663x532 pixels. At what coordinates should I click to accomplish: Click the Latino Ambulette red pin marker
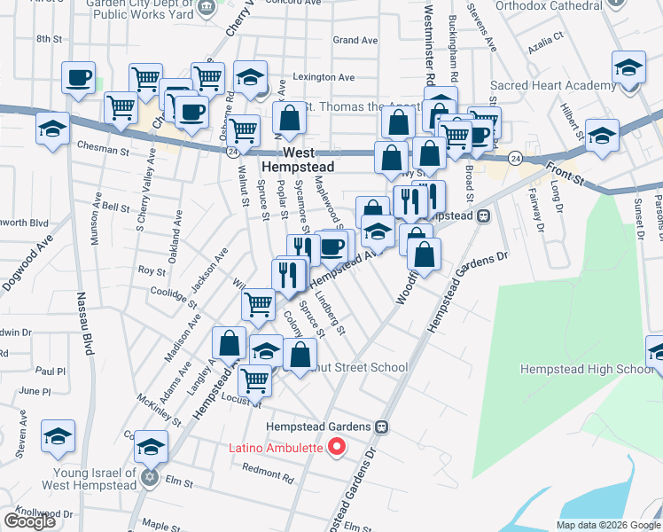(x=336, y=447)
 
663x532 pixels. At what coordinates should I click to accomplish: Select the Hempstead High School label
(x=586, y=369)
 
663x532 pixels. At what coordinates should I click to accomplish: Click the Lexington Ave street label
(x=324, y=77)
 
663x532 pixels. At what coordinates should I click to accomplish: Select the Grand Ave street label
(x=355, y=40)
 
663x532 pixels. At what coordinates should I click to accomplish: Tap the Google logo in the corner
(x=29, y=521)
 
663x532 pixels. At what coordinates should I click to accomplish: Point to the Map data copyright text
(x=607, y=525)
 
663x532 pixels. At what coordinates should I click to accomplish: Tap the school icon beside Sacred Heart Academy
(x=628, y=67)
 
